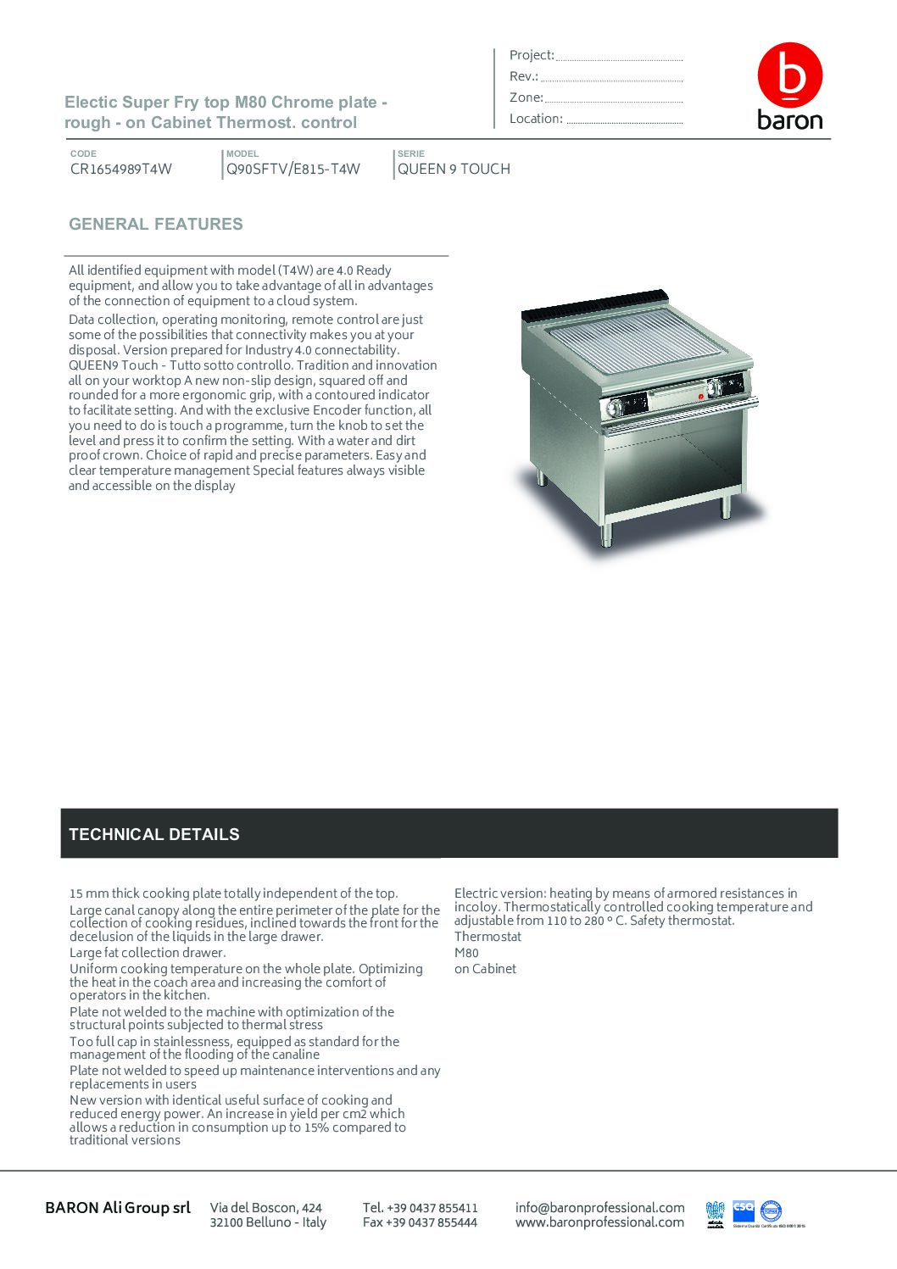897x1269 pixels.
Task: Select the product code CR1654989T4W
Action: [121, 169]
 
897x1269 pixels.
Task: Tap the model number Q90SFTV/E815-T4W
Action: [293, 169]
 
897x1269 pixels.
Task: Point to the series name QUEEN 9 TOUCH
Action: [454, 169]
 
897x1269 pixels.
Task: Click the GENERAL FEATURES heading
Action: [156, 225]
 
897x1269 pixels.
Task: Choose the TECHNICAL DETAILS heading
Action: [154, 834]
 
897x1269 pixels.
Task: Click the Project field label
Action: [532, 55]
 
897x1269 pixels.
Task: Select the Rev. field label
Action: [524, 76]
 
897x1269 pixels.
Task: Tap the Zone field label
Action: [526, 97]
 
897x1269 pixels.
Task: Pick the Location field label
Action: [536, 119]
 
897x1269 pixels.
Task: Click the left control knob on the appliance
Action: [613, 409]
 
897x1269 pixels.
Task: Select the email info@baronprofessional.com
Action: [599, 1207]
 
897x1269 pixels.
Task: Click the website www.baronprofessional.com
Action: [599, 1222]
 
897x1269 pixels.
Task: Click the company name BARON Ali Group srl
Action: [118, 1208]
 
